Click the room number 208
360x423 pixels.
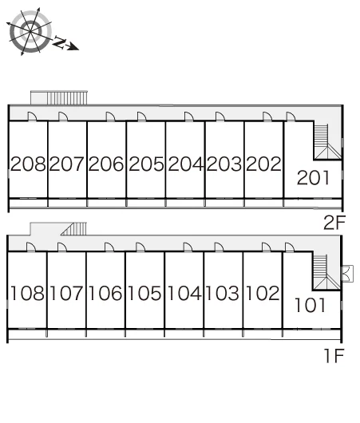pos(28,164)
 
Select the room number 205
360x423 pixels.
pos(146,164)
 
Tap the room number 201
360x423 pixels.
pos(313,178)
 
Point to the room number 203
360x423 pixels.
pos(224,164)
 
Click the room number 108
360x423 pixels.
pos(27,293)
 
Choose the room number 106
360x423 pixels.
pos(105,293)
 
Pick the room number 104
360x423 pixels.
pos(184,293)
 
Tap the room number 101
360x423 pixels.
pos(310,305)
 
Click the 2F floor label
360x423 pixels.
pos(334,223)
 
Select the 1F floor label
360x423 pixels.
pos(334,355)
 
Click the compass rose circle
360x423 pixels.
pos(30,32)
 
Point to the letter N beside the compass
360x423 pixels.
pos(59,42)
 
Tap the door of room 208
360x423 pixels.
pos(32,117)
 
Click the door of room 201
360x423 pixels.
pos(291,117)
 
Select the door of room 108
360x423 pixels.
pos(31,247)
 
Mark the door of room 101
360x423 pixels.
pos(290,247)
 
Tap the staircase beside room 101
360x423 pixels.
pos(326,272)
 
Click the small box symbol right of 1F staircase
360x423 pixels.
pos(347,274)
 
